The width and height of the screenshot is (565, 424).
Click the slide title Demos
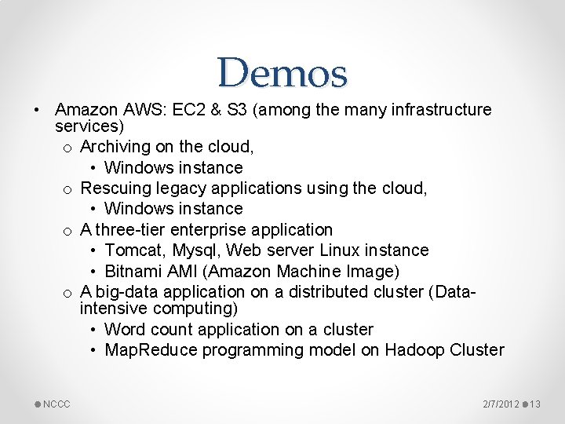[x=282, y=73]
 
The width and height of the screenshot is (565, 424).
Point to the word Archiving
[x=115, y=147]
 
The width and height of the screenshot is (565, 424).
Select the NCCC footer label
[x=56, y=404]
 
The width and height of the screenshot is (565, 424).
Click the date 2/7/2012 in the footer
[x=501, y=404]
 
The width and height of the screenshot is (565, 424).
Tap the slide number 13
[x=536, y=404]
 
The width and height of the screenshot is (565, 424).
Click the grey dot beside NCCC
[x=38, y=404]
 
